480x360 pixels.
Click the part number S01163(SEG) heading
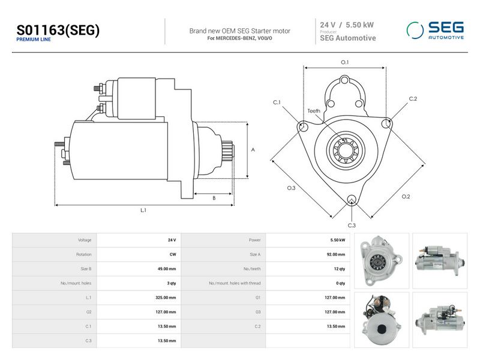pyautogui.click(x=58, y=30)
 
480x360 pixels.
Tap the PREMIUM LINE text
pyautogui.click(x=34, y=40)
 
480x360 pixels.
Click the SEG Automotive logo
pyautogui.click(x=435, y=31)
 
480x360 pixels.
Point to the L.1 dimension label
pyautogui.click(x=143, y=210)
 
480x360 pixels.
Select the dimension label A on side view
pyautogui.click(x=253, y=149)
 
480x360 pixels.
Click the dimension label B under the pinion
pyautogui.click(x=214, y=198)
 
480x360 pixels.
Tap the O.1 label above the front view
pyautogui.click(x=344, y=62)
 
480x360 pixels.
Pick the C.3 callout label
pyautogui.click(x=352, y=226)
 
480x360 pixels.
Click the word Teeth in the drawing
pyautogui.click(x=314, y=111)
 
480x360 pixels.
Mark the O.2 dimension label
pyautogui.click(x=406, y=197)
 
